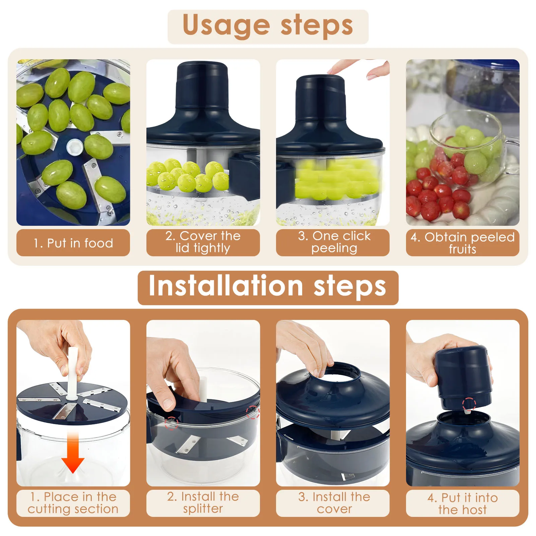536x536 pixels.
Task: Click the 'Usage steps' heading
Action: pyautogui.click(x=268, y=26)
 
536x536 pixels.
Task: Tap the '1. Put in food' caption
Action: pyautogui.click(x=73, y=243)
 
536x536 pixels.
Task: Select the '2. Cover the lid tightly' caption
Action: pyautogui.click(x=203, y=242)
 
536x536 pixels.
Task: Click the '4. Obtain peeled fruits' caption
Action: pyautogui.click(x=463, y=243)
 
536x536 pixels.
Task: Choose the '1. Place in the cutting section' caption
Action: pyautogui.click(x=73, y=503)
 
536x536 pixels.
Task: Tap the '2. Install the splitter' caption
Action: pyautogui.click(x=203, y=503)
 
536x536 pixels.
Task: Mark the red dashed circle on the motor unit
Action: pyautogui.click(x=469, y=404)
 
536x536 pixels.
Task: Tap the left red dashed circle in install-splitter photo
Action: pyautogui.click(x=171, y=423)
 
